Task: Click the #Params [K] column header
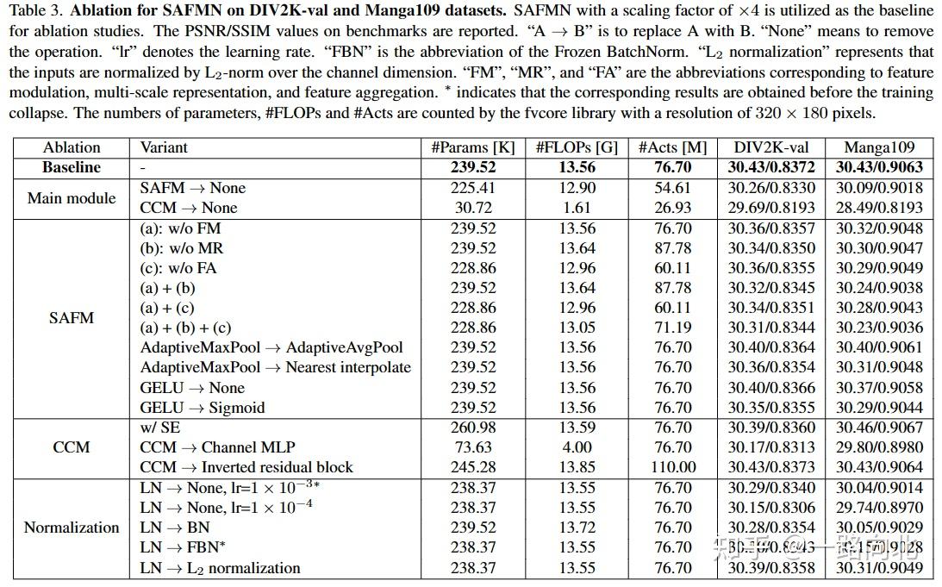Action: click(473, 147)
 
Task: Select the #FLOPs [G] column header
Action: click(577, 147)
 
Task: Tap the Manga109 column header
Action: click(878, 147)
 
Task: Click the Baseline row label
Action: click(72, 167)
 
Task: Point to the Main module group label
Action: click(72, 197)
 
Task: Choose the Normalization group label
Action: click(72, 528)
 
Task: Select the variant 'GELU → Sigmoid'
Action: click(203, 408)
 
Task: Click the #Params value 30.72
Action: click(473, 208)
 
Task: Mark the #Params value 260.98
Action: click(473, 428)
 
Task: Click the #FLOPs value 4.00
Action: click(577, 447)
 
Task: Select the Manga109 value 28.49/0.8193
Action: click(878, 208)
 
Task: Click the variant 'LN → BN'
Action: click(175, 528)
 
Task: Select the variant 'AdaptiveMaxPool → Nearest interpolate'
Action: click(275, 367)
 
